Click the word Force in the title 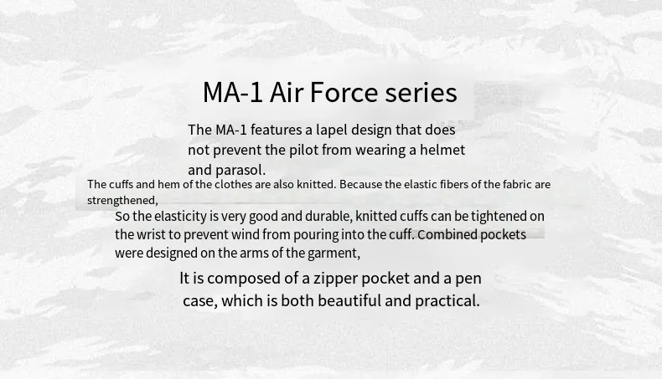point(344,92)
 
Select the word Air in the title point(287,92)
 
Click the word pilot point(303,150)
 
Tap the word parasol point(240,171)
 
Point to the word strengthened point(122,200)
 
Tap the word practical point(447,301)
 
